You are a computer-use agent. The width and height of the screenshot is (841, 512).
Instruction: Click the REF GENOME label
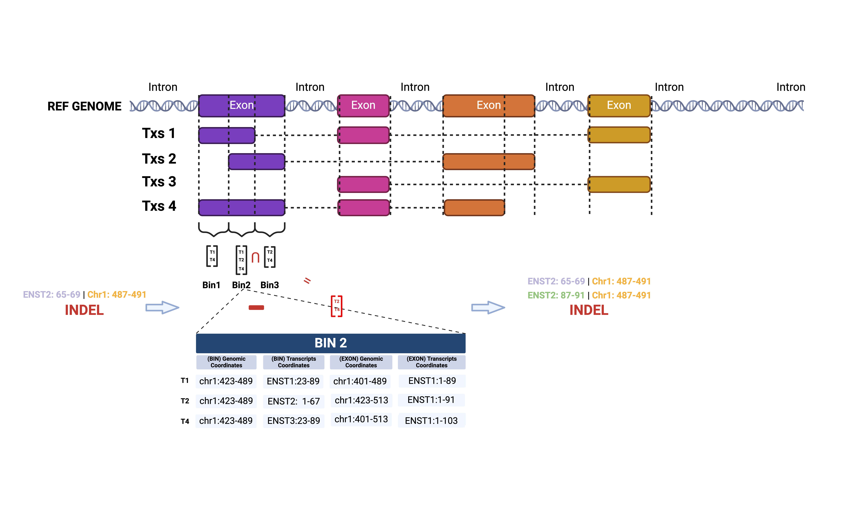pyautogui.click(x=84, y=106)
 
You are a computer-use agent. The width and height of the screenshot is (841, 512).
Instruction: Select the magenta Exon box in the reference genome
pyautogui.click(x=363, y=105)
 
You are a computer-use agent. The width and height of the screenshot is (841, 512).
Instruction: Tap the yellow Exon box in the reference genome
pyautogui.click(x=619, y=105)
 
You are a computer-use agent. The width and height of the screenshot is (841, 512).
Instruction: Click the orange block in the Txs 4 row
pyautogui.click(x=474, y=207)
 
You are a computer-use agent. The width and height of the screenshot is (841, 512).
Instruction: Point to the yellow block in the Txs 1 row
pyautogui.click(x=619, y=135)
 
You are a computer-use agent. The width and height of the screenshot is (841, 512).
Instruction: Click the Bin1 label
pyautogui.click(x=211, y=285)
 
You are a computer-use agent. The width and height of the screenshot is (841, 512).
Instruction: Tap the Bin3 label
pyautogui.click(x=270, y=285)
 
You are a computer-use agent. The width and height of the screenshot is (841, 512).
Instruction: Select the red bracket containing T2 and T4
pyautogui.click(x=337, y=306)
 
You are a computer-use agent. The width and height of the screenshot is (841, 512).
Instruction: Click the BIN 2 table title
pyautogui.click(x=330, y=343)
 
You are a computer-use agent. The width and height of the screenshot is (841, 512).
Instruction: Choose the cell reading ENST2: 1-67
pyautogui.click(x=293, y=401)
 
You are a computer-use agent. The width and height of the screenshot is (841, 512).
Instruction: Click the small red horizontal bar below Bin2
pyautogui.click(x=256, y=308)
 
